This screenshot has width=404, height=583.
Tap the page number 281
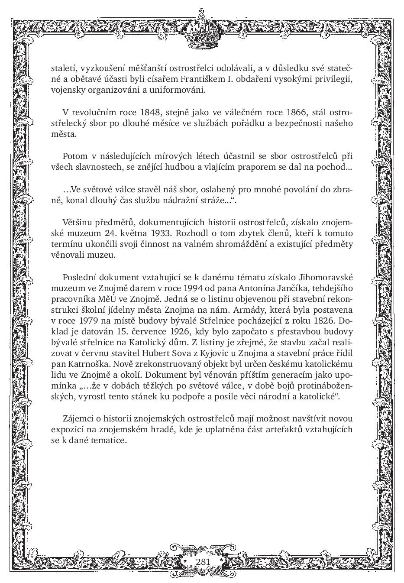click(x=203, y=561)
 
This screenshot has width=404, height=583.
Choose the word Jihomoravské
click(x=327, y=277)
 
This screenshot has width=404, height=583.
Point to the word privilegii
click(x=335, y=80)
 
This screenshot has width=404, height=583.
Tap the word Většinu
click(x=79, y=222)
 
